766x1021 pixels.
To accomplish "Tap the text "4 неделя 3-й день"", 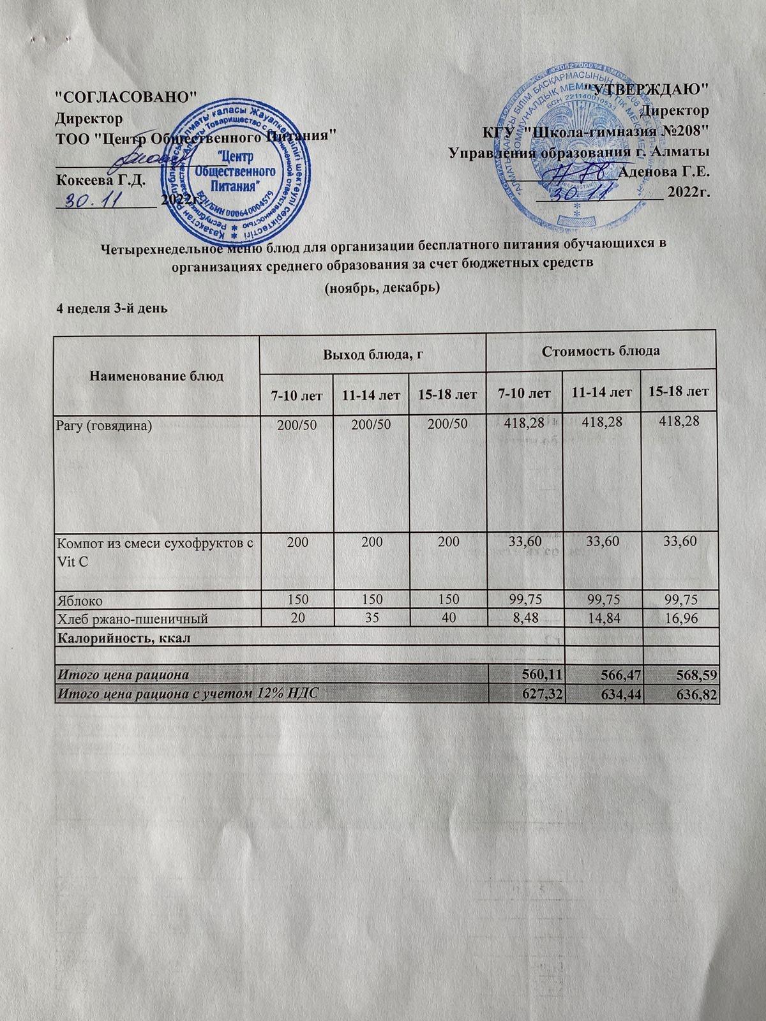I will point(112,308).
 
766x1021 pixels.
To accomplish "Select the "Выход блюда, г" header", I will point(372,351).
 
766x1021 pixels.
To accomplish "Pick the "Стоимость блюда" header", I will point(601,350).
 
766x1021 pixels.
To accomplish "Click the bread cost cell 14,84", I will point(602,617).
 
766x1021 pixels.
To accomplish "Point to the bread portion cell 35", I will point(373,617).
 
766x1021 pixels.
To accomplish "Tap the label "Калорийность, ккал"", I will point(124,637).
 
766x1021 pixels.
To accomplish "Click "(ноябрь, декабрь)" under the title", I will point(382,288).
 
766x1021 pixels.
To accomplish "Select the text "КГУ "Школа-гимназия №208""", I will point(596,132).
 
